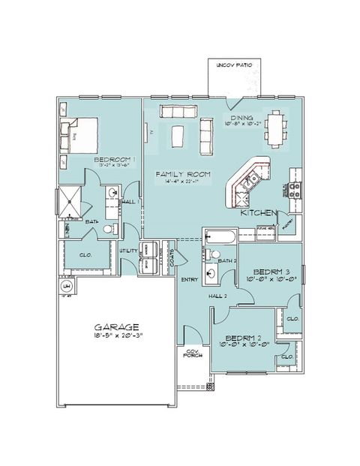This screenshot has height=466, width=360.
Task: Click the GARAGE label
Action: click(116, 327)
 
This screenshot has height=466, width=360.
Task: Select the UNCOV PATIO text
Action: click(235, 66)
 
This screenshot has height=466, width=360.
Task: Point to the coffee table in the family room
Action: click(178, 137)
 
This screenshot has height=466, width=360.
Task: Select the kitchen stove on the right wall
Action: click(295, 191)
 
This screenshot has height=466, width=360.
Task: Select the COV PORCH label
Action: click(193, 353)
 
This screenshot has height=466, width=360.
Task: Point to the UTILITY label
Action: click(128, 251)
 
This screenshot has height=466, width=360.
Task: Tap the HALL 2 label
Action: click(218, 296)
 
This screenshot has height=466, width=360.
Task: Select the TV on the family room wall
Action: click(151, 132)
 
